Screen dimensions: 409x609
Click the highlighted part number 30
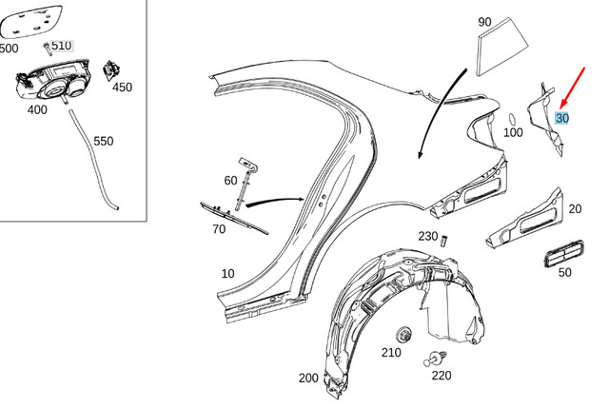tap(562, 119)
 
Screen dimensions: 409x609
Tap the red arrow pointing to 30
tap(574, 83)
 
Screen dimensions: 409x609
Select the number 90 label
tap(484, 22)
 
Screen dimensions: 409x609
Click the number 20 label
tap(575, 209)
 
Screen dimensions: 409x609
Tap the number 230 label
tap(427, 237)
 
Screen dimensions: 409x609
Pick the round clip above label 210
tap(403, 334)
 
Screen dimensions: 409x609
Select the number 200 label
tap(308, 378)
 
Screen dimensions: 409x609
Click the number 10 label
tap(226, 274)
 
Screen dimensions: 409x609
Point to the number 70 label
tap(219, 229)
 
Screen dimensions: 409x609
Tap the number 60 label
tap(231, 181)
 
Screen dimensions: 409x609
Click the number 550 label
tap(103, 141)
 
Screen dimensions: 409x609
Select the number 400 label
tap(37, 109)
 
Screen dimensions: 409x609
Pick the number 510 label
tap(61, 45)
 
